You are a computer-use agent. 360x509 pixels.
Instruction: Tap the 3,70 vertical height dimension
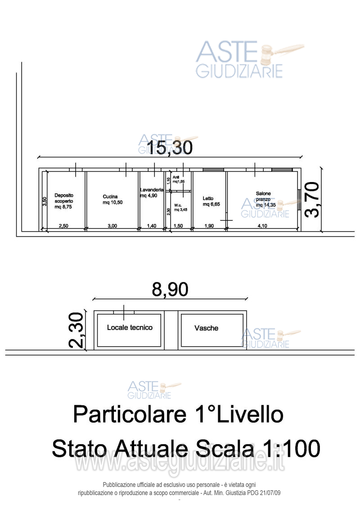(x=312, y=200)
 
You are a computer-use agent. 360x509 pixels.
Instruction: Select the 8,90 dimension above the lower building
(x=170, y=290)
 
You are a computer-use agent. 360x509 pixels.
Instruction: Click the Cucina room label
(x=110, y=196)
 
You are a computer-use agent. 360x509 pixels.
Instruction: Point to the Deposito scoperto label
(x=63, y=198)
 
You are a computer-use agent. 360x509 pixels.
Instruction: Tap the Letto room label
(x=208, y=198)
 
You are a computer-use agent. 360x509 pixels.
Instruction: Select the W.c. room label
(x=177, y=205)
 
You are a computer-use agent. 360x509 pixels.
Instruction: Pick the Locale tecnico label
(x=130, y=327)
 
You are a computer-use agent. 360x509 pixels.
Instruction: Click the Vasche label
(x=206, y=328)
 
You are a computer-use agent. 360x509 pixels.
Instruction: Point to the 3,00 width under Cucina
(x=112, y=226)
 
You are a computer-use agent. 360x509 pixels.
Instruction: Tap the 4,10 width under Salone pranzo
(x=262, y=226)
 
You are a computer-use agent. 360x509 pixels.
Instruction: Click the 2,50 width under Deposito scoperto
(x=64, y=226)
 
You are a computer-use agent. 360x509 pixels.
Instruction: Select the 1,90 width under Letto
(x=209, y=226)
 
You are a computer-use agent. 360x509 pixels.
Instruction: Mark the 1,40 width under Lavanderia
(x=152, y=226)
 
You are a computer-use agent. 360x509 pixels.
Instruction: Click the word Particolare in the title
(x=129, y=414)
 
